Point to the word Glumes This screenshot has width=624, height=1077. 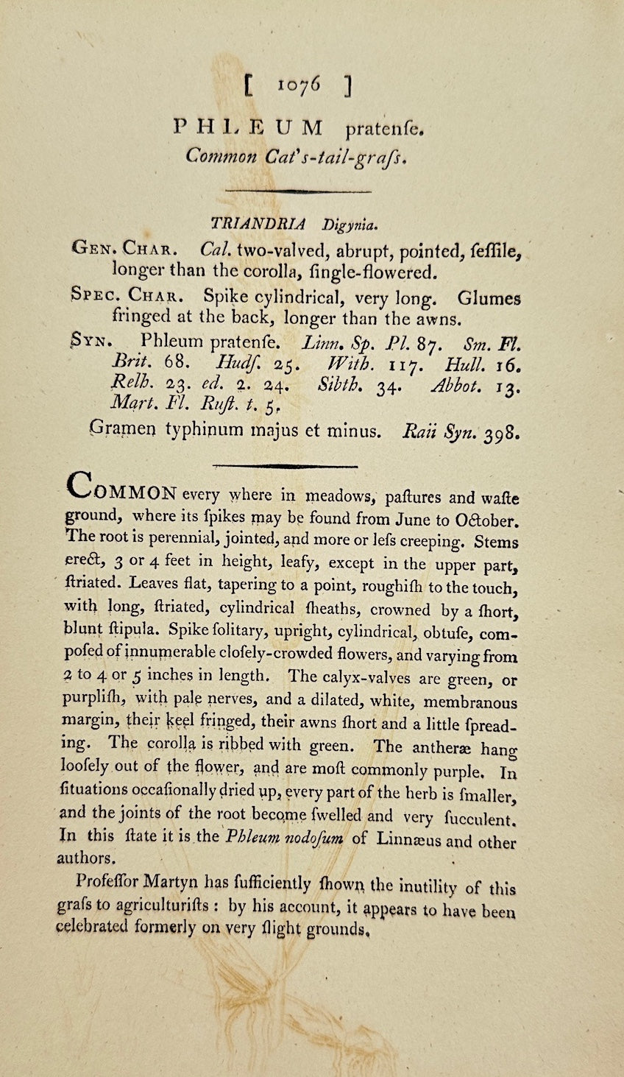(489, 299)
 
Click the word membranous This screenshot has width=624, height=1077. (471, 702)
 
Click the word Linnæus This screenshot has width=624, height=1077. (407, 838)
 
